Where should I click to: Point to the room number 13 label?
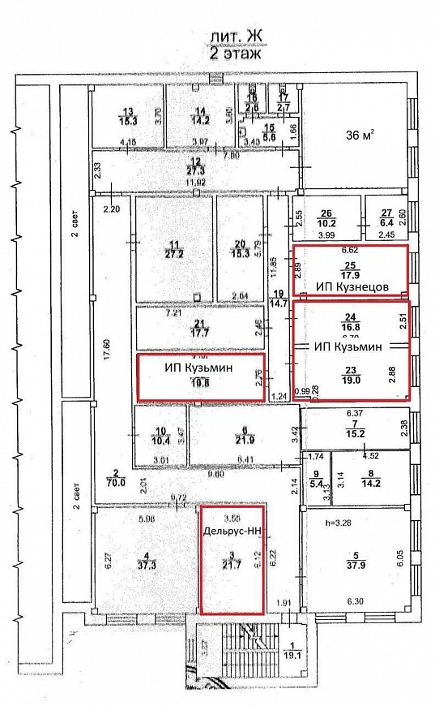[127, 115]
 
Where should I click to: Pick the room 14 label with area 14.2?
[200, 115]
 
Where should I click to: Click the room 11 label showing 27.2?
[172, 248]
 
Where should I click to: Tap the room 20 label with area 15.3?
[239, 248]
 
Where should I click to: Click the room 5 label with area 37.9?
[352, 562]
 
